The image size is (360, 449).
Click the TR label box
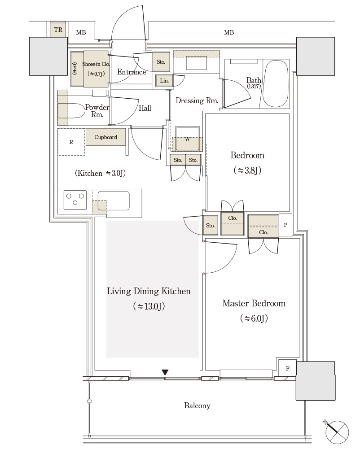pyautogui.click(x=58, y=29)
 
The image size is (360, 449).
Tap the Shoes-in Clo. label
pyautogui.click(x=96, y=64)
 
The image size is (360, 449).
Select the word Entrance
pyautogui.click(x=131, y=72)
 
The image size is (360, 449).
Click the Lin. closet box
pyautogui.click(x=164, y=80)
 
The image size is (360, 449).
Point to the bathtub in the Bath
pyautogui.click(x=276, y=83)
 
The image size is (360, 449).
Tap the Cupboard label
pyautogui.click(x=106, y=137)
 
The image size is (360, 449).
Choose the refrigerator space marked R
pyautogui.click(x=71, y=142)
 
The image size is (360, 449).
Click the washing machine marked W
pyautogui.click(x=188, y=139)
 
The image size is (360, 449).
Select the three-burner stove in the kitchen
pyautogui.click(x=75, y=200)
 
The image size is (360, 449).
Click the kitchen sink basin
pyautogui.click(x=114, y=201)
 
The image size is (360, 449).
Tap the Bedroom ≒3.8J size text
pyautogui.click(x=247, y=170)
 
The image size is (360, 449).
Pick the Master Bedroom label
pyautogui.click(x=254, y=303)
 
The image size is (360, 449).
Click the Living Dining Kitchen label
pyautogui.click(x=149, y=291)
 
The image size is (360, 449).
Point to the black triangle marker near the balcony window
pyautogui.click(x=165, y=372)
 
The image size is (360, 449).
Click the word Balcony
pyautogui.click(x=197, y=405)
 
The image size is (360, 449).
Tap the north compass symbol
pyautogui.click(x=338, y=432)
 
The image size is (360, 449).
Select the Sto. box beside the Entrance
pyautogui.click(x=161, y=61)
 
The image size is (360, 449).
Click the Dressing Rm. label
pyautogui.click(x=197, y=100)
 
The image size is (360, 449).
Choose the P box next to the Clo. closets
pyautogui.click(x=285, y=225)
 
